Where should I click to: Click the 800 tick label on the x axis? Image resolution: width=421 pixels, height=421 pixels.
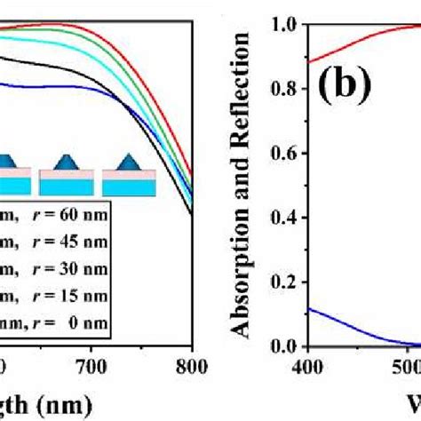click(x=191, y=364)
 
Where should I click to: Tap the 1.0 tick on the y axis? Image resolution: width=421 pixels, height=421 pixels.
click(x=282, y=24)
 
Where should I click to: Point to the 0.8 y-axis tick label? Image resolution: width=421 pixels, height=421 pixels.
click(x=282, y=89)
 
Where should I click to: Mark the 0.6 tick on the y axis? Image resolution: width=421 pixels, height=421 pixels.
click(x=282, y=153)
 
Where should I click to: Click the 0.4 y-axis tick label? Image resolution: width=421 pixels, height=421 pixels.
click(x=282, y=217)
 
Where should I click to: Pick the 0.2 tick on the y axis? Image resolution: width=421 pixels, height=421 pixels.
click(x=282, y=282)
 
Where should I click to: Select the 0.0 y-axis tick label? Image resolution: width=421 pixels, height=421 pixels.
click(x=282, y=346)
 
